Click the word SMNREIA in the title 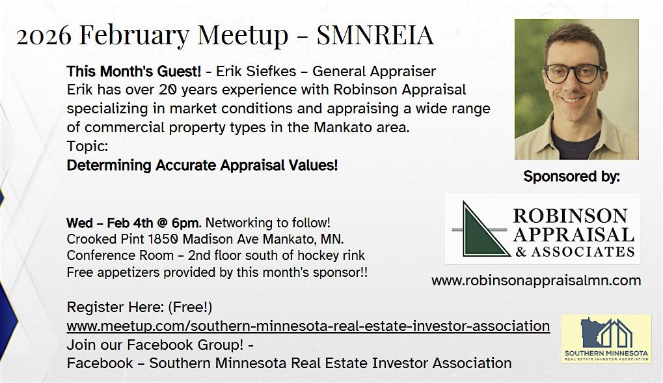click(x=375, y=35)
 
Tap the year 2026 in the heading click(x=44, y=36)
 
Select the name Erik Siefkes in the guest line click(x=256, y=71)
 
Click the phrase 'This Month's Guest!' click(x=133, y=71)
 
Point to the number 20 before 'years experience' click(x=167, y=90)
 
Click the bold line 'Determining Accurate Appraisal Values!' click(x=202, y=165)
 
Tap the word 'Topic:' click(x=88, y=147)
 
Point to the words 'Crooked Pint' click(x=105, y=240)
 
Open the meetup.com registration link click(x=308, y=326)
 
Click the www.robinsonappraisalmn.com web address click(x=536, y=281)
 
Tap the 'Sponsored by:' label click(x=572, y=177)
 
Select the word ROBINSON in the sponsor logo click(x=571, y=216)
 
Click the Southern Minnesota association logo click(x=606, y=339)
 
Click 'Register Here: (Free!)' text click(x=139, y=307)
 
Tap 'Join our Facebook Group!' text click(x=156, y=345)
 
